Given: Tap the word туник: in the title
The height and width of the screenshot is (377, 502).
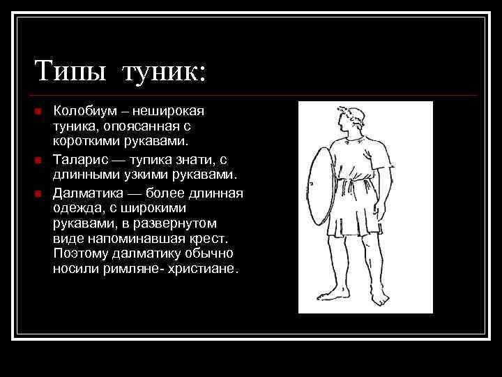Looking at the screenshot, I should pyautogui.click(x=165, y=71).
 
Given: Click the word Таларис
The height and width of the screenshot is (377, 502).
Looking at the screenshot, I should pyautogui.click(x=79, y=159).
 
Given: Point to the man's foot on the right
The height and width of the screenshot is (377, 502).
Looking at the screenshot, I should pyautogui.click(x=380, y=300).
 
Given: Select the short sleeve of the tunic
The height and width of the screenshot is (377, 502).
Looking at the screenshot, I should pyautogui.click(x=379, y=158).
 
